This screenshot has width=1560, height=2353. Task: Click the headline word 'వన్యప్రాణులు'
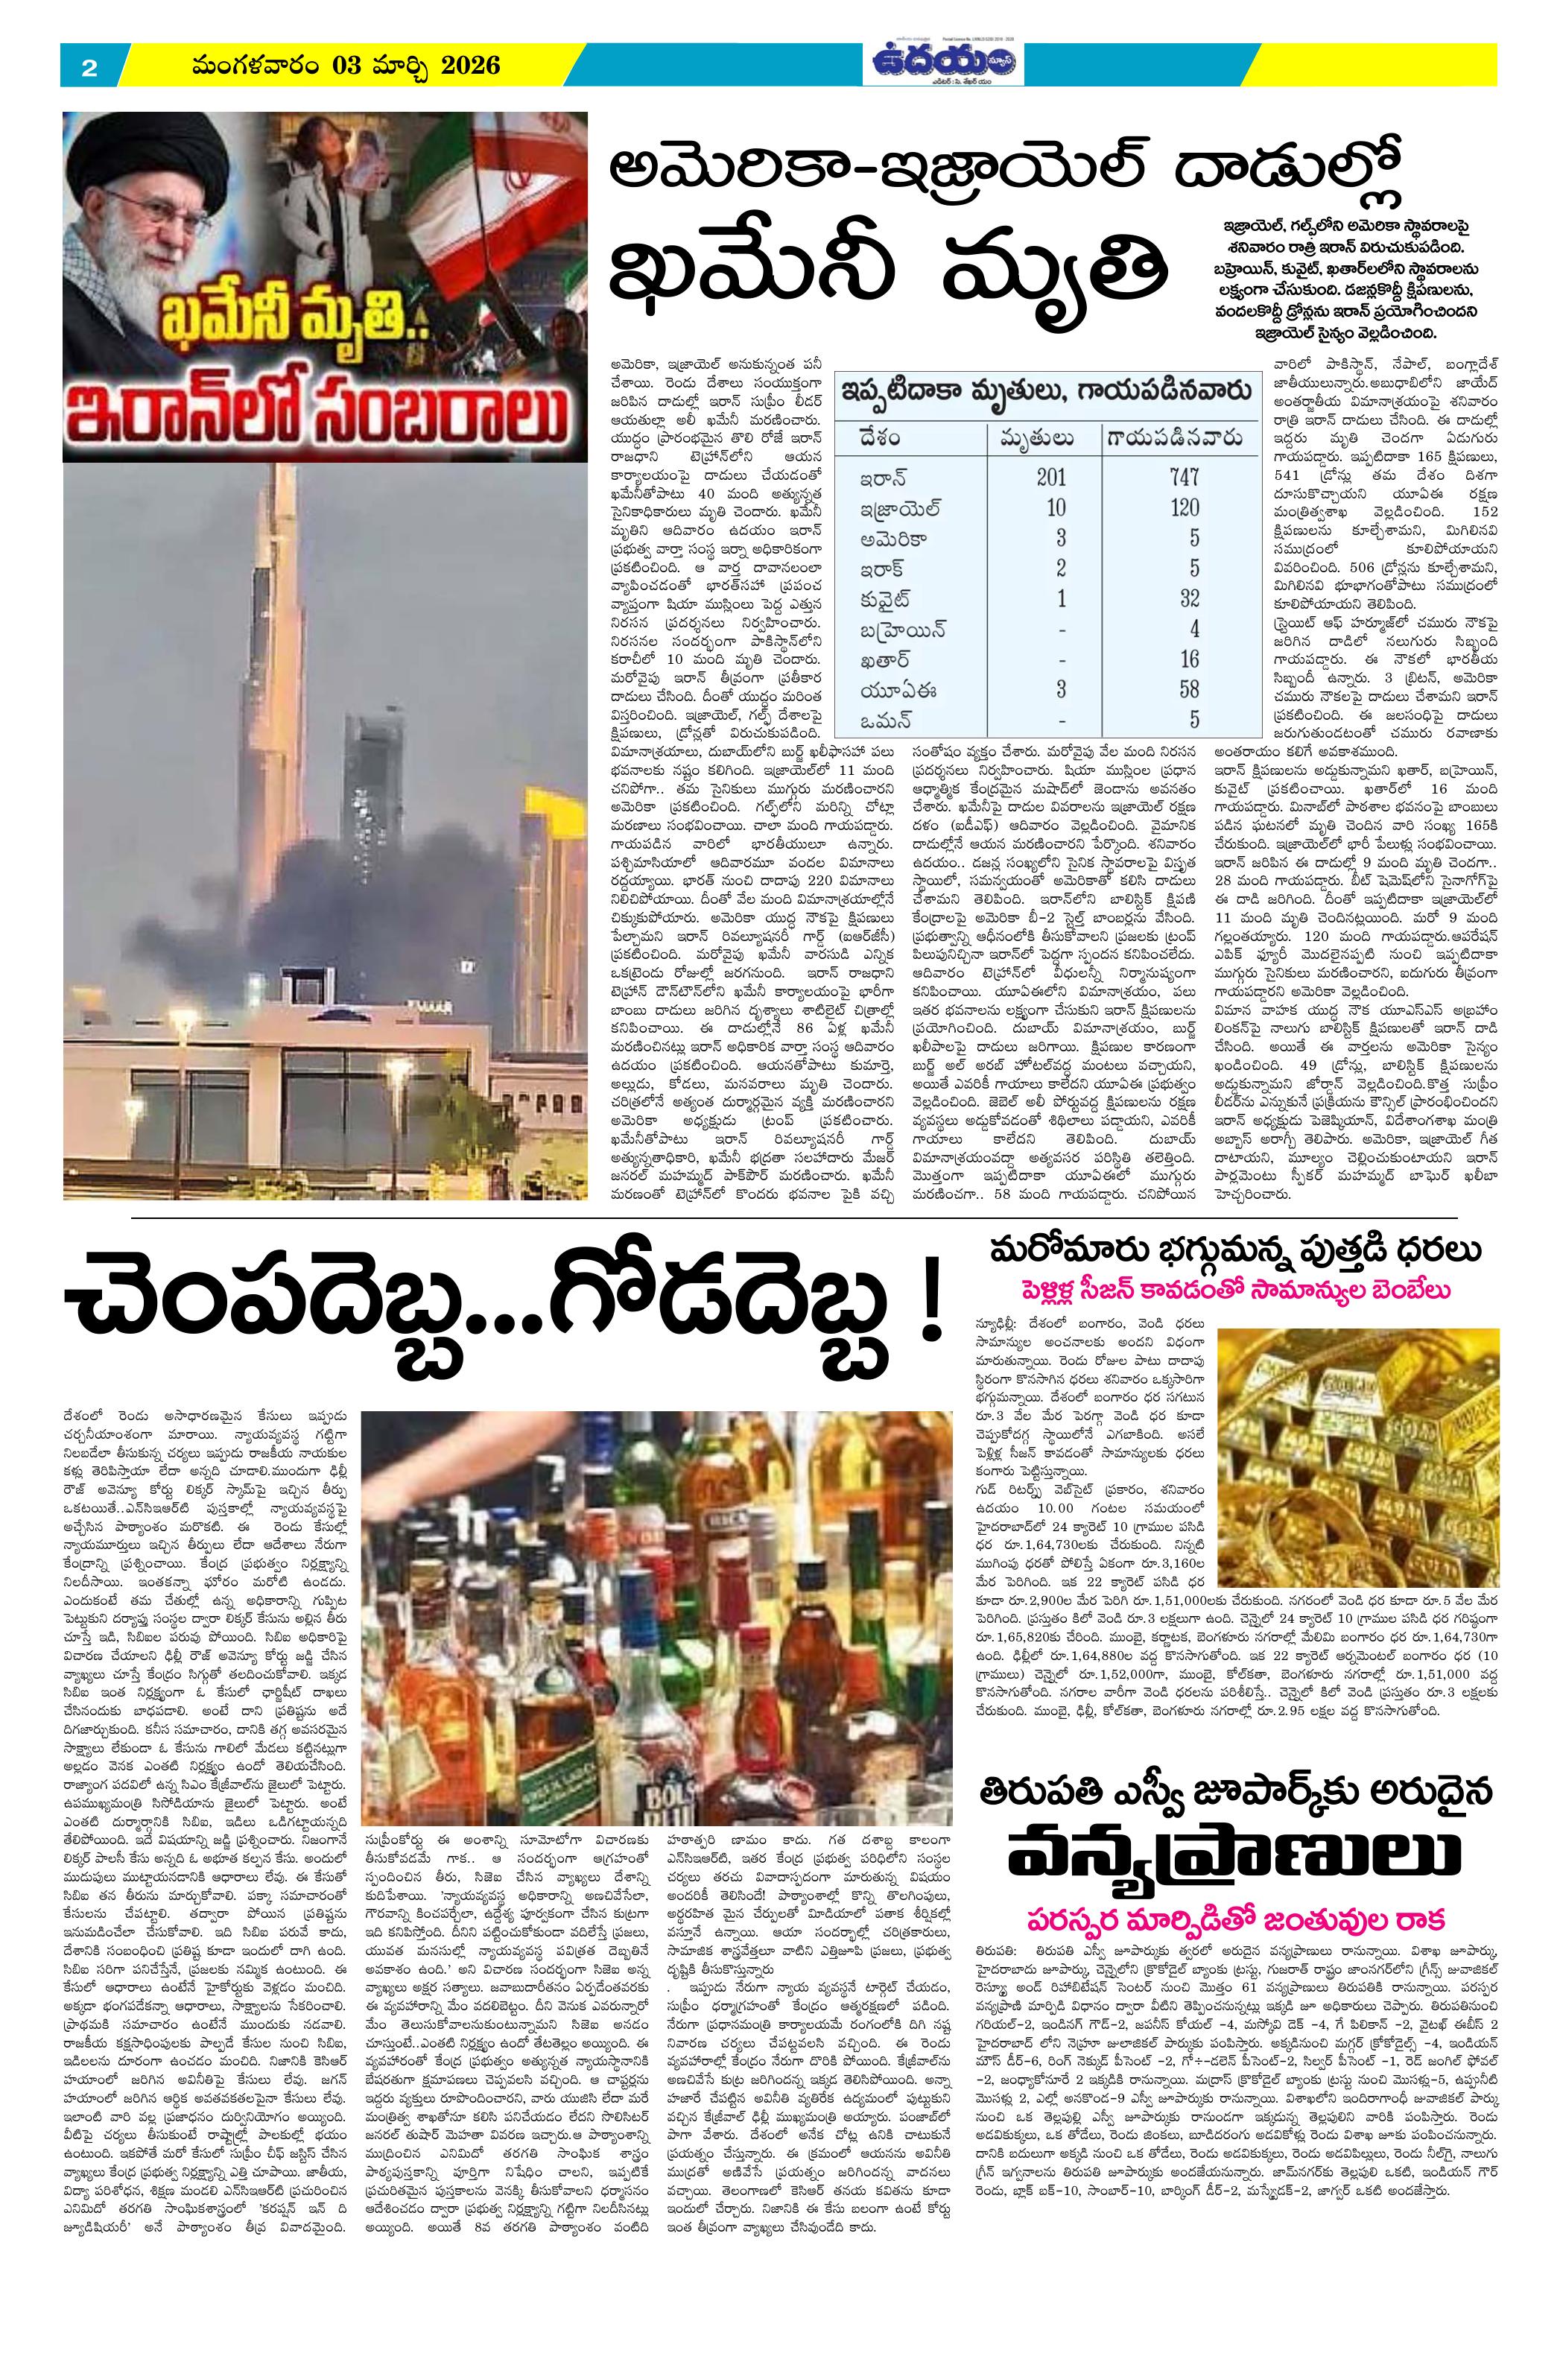pos(1234,1851)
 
